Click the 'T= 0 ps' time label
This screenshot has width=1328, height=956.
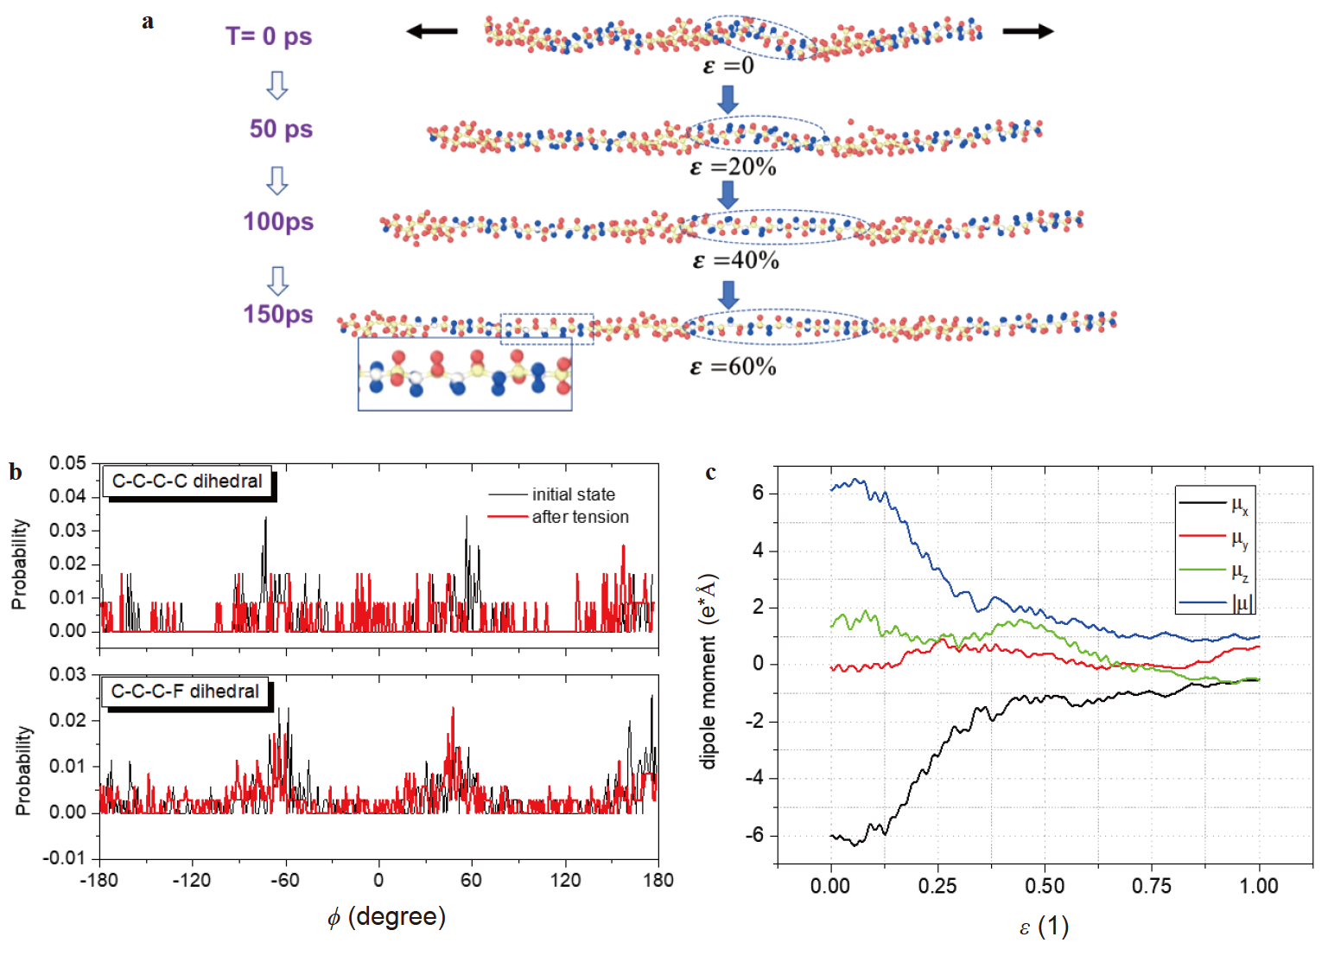point(269,36)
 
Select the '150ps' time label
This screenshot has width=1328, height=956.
point(277,314)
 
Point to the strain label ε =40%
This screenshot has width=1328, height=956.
point(735,260)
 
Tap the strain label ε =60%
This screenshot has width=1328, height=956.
point(733,366)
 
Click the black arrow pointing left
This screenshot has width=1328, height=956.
point(432,32)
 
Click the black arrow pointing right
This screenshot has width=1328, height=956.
point(1028,32)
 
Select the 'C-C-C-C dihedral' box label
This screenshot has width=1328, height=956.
point(187,481)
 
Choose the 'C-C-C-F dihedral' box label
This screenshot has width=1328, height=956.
point(185,692)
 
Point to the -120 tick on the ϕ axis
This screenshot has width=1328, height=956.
point(192,881)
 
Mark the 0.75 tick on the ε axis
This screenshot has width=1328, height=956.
point(1151,886)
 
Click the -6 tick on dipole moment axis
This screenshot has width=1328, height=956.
point(757,835)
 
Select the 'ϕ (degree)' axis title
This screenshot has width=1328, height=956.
point(386,917)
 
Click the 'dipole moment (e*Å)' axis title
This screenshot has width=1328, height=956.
point(708,671)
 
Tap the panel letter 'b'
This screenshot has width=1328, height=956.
point(16,472)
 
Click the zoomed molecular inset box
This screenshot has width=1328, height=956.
point(465,373)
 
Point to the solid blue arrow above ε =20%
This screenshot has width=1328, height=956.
point(728,99)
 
